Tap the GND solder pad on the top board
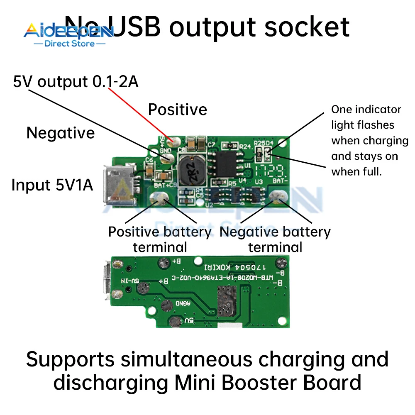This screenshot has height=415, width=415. (x=168, y=157)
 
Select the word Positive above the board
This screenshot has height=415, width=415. (x=178, y=110)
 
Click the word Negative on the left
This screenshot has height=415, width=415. (x=61, y=133)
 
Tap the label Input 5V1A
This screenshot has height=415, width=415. (x=52, y=185)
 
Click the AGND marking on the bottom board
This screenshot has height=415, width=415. (x=183, y=303)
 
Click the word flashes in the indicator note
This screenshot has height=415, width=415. (x=375, y=125)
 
